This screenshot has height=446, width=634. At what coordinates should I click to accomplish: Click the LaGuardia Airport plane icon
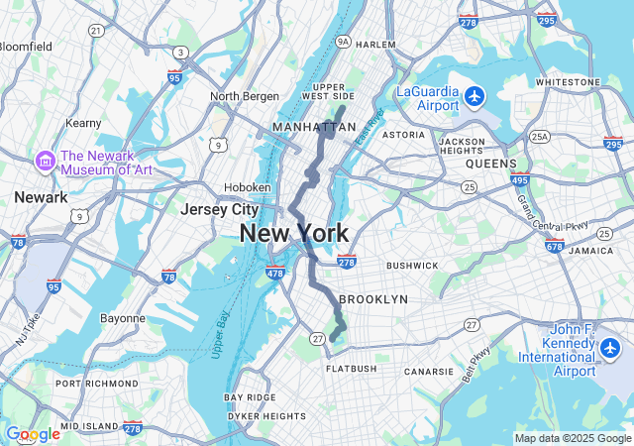coord(475,97)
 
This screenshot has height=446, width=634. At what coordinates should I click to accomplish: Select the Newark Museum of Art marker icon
coord(45,161)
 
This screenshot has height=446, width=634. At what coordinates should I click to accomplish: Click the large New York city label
coord(293,234)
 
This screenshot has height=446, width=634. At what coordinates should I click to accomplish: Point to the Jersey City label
coord(219,209)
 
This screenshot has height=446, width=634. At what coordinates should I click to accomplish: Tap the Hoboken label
coord(248,186)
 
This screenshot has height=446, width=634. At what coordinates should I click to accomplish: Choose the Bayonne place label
coord(123,318)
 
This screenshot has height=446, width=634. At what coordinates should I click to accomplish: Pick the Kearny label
coord(83,123)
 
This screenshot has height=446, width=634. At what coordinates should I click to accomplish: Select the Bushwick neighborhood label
coord(412,266)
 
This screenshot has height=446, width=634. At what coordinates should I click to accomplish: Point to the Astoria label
coord(403,134)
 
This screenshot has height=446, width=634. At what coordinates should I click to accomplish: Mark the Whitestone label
coord(568,81)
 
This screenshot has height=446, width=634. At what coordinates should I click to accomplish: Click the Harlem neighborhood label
coord(375,45)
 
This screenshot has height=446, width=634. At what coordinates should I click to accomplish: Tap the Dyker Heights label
coord(265,416)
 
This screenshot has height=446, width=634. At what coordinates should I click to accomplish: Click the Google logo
coord(33,434)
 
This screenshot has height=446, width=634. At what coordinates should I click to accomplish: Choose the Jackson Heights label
coord(462,147)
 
